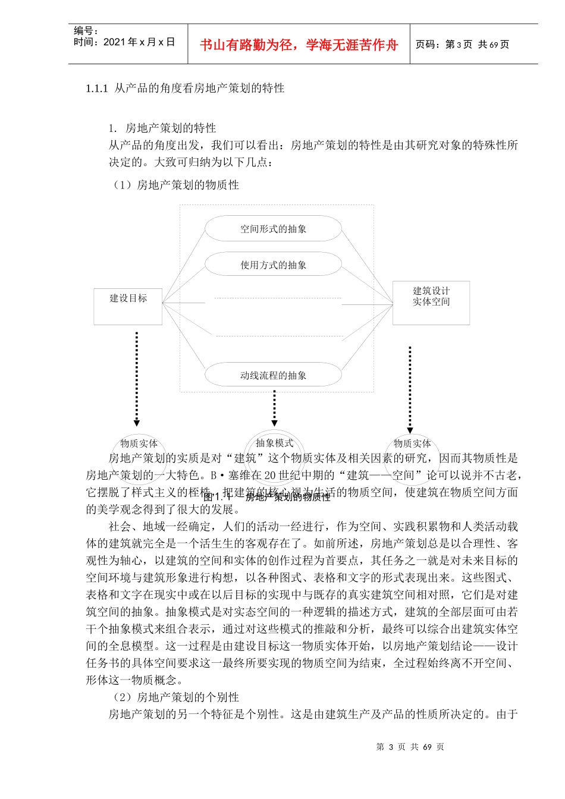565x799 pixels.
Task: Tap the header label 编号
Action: [x=85, y=31]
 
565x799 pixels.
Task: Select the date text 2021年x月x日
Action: [x=139, y=42]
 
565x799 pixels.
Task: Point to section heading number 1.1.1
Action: [x=96, y=89]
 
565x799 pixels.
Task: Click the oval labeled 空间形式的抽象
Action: [x=273, y=229]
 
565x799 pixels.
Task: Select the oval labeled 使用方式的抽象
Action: [x=273, y=265]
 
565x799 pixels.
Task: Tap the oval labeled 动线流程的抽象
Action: [x=273, y=375]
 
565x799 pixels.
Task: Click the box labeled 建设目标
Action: [x=128, y=306]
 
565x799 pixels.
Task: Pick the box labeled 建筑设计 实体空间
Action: [x=431, y=303]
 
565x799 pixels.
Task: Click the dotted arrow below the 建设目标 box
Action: [x=137, y=378]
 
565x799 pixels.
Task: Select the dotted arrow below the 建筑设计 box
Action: [x=410, y=389]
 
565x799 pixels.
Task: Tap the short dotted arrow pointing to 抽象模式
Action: [x=274, y=408]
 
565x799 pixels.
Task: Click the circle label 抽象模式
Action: [x=274, y=443]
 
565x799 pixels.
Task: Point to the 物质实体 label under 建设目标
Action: [x=139, y=443]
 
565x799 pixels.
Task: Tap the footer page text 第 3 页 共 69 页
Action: [x=410, y=747]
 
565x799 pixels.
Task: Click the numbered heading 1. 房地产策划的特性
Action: [x=162, y=128]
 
